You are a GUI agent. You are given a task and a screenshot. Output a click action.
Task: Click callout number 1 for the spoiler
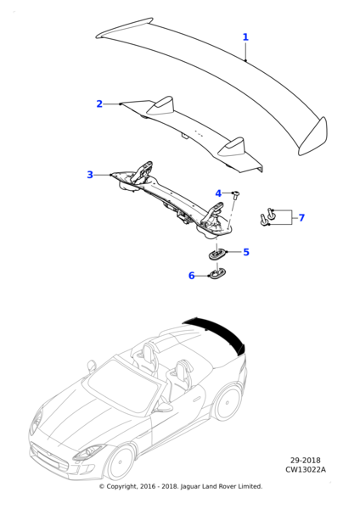click(x=245, y=37)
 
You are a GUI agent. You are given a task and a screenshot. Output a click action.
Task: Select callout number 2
click(x=99, y=103)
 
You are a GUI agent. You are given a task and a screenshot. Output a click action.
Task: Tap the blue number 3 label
click(x=90, y=175)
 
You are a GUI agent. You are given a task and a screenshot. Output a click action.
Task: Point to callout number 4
click(x=218, y=193)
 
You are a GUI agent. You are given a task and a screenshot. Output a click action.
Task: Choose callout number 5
click(x=246, y=252)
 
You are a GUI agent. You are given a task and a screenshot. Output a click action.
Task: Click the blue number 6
click(x=192, y=276)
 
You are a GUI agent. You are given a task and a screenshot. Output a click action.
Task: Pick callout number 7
click(x=302, y=217)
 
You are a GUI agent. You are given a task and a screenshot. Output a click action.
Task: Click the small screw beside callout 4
click(x=235, y=194)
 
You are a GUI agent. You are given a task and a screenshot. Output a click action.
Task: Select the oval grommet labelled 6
click(x=217, y=274)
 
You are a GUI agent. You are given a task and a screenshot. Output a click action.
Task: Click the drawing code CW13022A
click(x=306, y=469)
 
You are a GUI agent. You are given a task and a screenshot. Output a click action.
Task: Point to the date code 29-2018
click(x=306, y=461)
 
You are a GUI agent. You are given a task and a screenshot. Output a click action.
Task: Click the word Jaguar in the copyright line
click(x=190, y=487)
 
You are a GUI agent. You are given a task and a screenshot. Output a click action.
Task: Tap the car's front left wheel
click(x=121, y=462)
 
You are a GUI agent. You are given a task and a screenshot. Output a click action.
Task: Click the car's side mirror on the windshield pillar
click(x=92, y=366)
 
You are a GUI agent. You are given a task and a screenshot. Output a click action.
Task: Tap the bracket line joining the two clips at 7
click(x=290, y=217)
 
